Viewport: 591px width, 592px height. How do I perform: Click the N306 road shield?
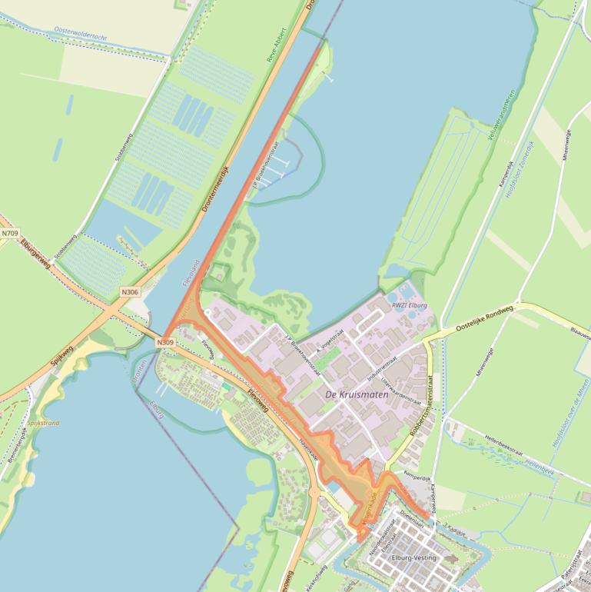click(129, 292)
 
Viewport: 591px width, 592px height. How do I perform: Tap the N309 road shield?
click(165, 341)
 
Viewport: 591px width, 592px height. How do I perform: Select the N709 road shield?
click(9, 233)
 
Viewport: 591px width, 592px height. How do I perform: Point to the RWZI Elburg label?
click(409, 305)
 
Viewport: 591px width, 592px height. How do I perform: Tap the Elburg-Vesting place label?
click(413, 557)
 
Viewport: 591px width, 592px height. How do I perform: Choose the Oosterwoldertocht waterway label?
click(81, 32)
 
